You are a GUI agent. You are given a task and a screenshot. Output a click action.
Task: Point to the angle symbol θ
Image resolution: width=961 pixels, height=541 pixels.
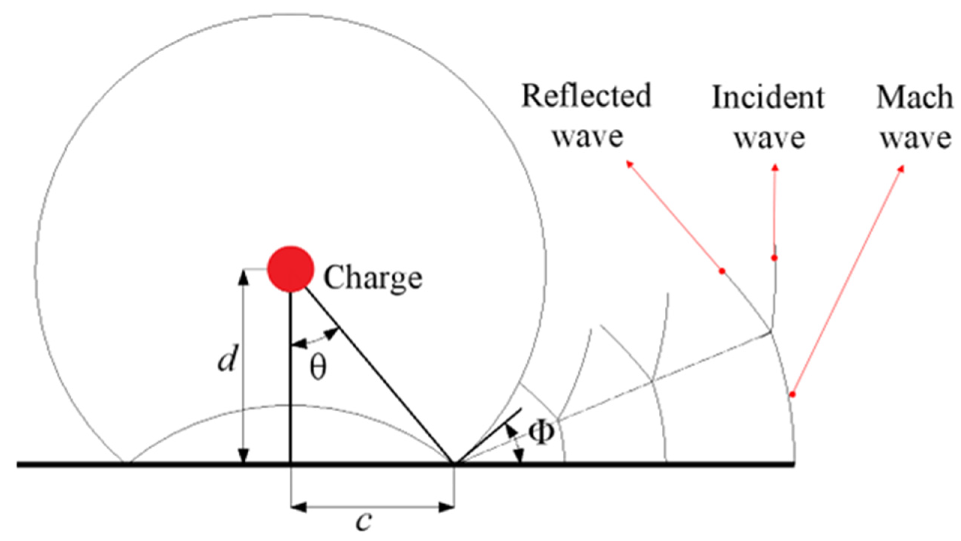tap(318, 368)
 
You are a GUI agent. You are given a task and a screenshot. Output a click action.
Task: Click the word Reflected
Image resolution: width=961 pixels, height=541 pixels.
tap(586, 96)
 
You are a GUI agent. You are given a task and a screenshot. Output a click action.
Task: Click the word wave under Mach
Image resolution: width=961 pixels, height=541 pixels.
tap(916, 137)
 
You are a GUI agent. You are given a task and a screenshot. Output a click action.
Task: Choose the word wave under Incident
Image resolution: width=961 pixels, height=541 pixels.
tap(769, 137)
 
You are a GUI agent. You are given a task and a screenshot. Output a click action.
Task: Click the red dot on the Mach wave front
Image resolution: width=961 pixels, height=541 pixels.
tap(792, 394)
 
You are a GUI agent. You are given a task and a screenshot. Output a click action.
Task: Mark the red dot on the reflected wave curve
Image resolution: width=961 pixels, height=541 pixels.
tap(722, 271)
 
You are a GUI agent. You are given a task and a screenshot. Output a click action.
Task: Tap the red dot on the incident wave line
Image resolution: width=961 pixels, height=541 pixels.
tap(774, 258)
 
